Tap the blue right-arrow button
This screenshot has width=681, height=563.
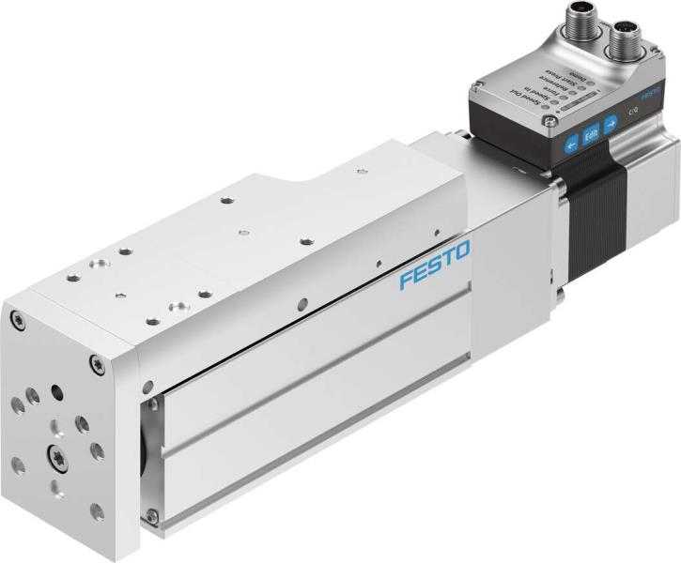click(x=611, y=122)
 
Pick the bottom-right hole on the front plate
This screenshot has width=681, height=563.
click(x=96, y=511)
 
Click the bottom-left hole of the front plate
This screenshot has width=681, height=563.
click(x=19, y=464)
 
